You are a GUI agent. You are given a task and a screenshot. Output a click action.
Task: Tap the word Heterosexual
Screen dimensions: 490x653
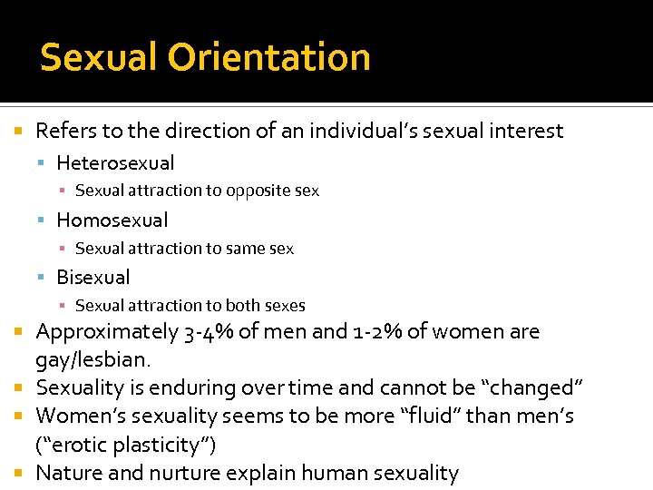(115, 163)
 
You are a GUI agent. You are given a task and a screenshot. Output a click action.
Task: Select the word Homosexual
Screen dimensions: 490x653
(112, 220)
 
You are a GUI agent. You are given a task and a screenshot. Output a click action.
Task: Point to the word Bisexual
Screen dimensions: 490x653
(93, 278)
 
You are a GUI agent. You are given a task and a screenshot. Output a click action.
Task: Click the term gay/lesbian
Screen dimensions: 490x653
(93, 360)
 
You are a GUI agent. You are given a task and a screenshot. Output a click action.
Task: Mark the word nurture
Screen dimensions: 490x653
(178, 474)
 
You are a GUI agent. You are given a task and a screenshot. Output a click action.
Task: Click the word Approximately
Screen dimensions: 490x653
(106, 333)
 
